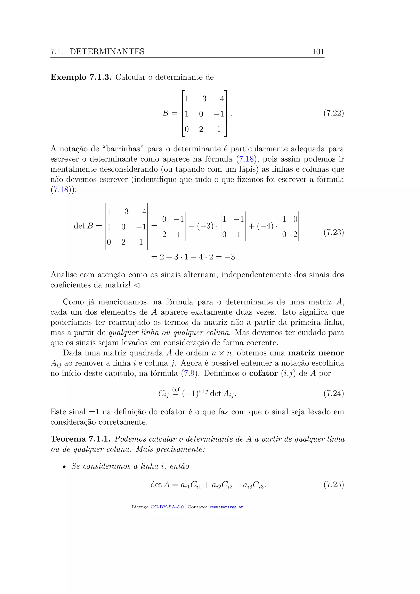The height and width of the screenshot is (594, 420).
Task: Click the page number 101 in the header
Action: click(318, 52)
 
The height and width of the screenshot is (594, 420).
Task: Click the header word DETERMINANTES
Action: click(107, 52)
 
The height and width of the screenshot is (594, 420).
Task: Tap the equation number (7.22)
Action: click(334, 113)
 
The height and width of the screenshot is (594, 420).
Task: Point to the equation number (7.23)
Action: click(334, 232)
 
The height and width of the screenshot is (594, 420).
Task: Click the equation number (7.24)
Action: click(334, 393)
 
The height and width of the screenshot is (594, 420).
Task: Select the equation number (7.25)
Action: click(334, 484)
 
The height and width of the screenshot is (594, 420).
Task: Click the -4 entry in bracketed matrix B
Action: click(219, 99)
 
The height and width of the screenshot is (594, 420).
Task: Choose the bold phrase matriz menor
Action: click(316, 353)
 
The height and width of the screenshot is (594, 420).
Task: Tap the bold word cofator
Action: click(263, 373)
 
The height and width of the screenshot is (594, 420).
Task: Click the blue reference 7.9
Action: click(189, 373)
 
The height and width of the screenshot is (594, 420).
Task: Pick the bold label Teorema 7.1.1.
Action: click(81, 439)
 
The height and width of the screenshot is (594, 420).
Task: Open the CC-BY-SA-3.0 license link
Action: click(168, 507)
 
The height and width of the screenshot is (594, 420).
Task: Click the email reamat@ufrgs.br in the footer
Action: click(226, 507)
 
